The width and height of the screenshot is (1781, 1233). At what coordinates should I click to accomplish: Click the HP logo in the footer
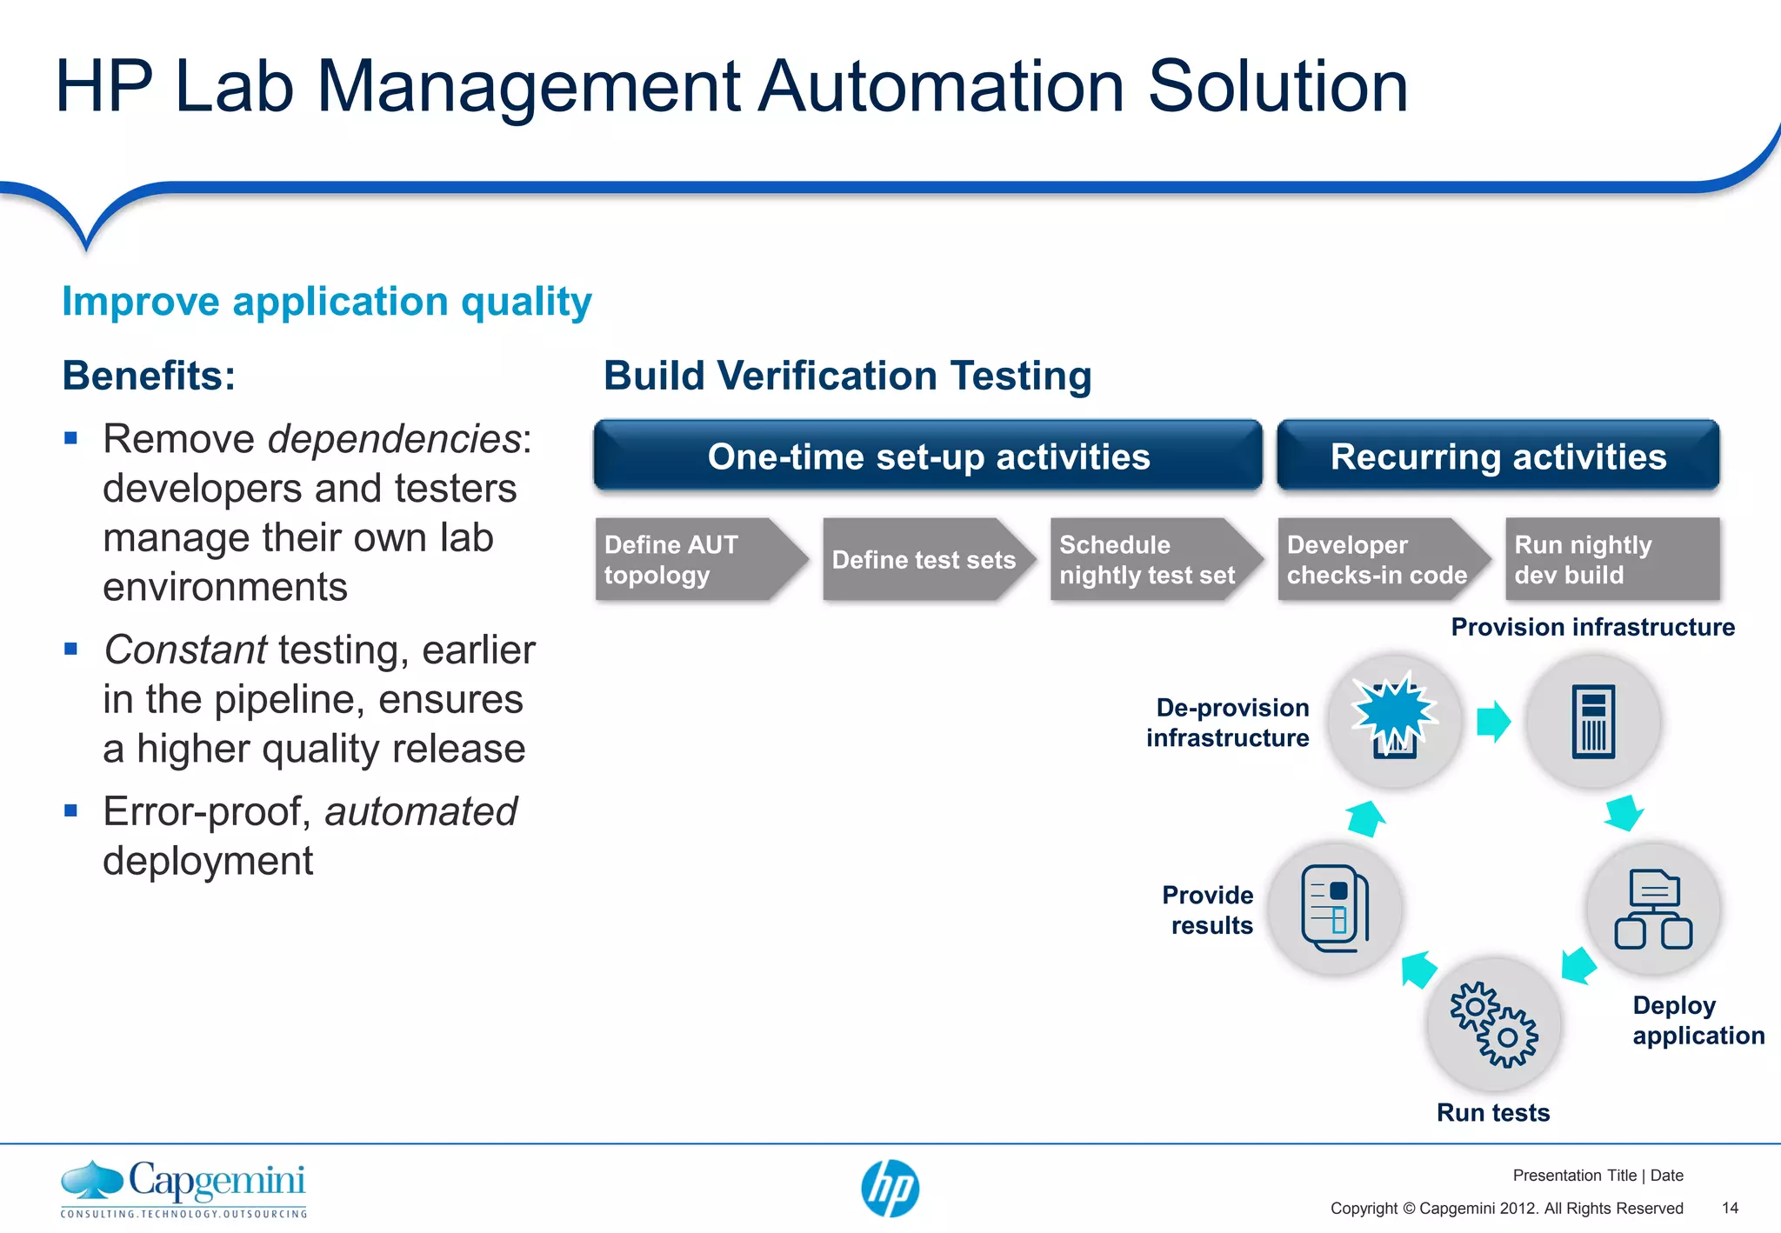(890, 1189)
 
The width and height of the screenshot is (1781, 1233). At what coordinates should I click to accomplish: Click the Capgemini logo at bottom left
(183, 1189)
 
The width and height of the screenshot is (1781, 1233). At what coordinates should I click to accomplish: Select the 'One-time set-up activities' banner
(927, 457)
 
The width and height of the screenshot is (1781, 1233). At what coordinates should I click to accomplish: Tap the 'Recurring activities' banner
(1498, 457)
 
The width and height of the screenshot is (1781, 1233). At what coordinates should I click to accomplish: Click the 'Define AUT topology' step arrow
(696, 559)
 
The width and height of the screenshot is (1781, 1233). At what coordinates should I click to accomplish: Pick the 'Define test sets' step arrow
(924, 559)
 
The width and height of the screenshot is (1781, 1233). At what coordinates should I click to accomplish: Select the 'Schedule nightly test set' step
(1150, 559)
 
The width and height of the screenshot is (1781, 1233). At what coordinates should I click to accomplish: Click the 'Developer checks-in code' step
(1377, 559)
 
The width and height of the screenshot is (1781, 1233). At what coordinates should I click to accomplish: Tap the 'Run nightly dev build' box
(1611, 559)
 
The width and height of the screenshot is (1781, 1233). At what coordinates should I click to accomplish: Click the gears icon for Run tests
(1493, 1024)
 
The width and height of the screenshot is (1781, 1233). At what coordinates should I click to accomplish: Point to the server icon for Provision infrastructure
(1593, 722)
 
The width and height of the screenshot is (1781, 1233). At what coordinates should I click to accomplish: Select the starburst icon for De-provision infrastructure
(1395, 717)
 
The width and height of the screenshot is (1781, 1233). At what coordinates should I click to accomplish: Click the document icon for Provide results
(1335, 909)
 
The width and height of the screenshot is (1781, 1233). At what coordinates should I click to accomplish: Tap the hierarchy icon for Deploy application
(1653, 909)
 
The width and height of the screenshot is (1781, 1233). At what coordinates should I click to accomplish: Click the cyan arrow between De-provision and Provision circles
(1494, 721)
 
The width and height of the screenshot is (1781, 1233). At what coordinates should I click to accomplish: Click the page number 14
(1730, 1208)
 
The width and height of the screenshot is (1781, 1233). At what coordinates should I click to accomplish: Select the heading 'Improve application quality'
(327, 302)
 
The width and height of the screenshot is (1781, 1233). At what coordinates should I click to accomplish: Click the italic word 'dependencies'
(394, 438)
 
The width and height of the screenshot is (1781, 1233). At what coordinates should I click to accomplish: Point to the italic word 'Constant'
(185, 650)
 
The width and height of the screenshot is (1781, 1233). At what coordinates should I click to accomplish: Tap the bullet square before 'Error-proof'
(71, 810)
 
